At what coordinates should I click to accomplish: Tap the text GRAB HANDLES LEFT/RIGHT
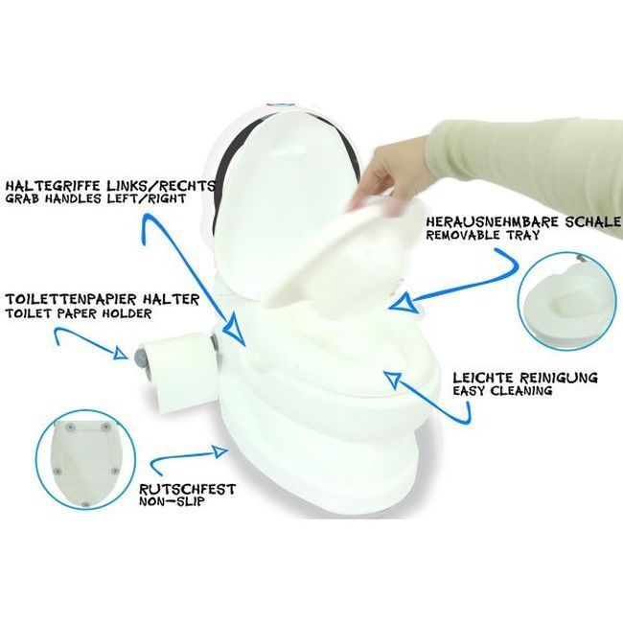(96, 198)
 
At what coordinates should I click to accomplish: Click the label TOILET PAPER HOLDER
(79, 313)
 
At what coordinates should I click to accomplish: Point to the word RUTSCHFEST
(187, 489)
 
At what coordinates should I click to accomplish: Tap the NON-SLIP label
(172, 501)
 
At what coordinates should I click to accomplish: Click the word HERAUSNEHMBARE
(490, 221)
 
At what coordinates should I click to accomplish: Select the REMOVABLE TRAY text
(483, 235)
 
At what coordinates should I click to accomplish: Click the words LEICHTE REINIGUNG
(525, 377)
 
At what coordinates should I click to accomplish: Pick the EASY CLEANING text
(502, 390)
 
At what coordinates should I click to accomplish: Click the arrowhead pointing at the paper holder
(121, 353)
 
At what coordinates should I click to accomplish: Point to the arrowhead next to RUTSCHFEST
(219, 451)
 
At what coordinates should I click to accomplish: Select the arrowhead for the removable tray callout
(401, 303)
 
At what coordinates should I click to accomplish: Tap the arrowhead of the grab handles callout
(235, 326)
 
